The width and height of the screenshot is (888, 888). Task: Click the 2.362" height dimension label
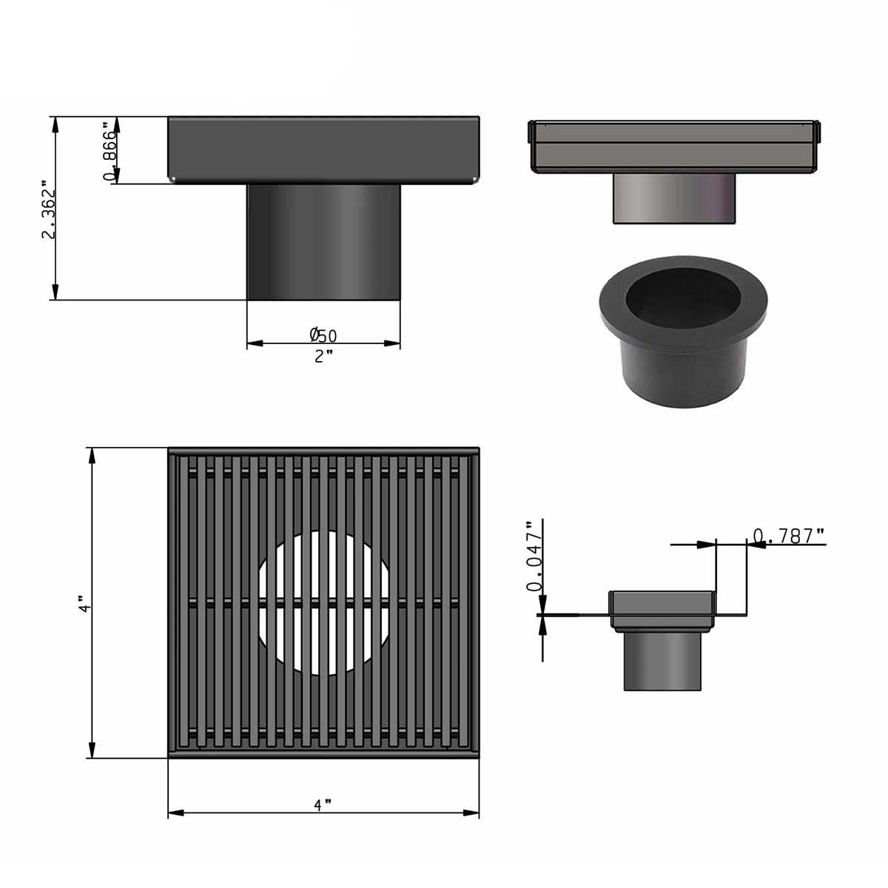[49, 210]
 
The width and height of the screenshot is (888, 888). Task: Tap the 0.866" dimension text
[111, 152]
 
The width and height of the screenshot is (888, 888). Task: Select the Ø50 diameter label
[323, 335]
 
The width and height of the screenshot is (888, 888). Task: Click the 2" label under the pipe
[323, 357]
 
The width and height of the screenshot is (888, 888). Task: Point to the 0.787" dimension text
[788, 536]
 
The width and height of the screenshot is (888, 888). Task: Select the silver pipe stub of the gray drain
[675, 198]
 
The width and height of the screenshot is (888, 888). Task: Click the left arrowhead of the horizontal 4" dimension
[175, 813]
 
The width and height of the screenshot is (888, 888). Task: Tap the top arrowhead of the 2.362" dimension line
[55, 124]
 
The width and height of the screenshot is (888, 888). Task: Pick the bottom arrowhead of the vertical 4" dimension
[92, 750]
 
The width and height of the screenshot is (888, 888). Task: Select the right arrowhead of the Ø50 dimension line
[393, 343]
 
